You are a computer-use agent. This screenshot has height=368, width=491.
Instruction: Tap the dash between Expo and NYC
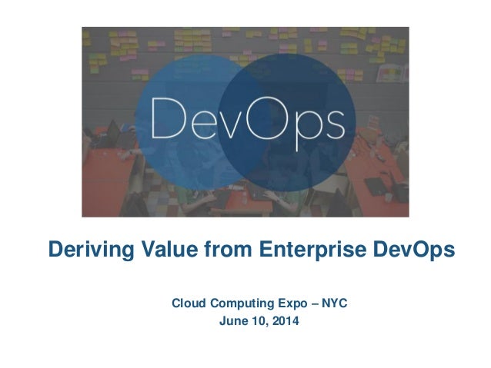pyautogui.click(x=308, y=305)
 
